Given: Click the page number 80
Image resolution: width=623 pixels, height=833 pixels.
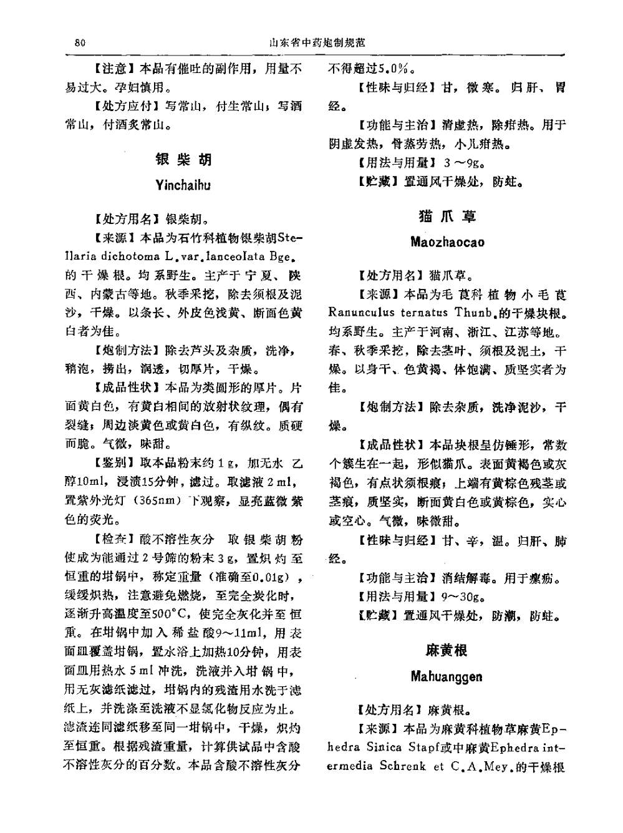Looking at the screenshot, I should (79, 43).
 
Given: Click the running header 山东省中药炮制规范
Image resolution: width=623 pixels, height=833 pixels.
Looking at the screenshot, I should (317, 43).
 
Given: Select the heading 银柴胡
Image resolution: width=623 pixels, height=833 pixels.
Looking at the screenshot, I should (184, 160).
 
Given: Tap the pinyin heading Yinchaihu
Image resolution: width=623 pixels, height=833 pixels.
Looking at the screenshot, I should (183, 185).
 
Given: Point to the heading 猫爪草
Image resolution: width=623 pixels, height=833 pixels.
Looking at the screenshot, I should (447, 216).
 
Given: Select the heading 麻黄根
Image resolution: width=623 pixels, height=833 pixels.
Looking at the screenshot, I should (447, 650).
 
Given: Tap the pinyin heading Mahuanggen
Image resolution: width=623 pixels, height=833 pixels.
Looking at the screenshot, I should (447, 676).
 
